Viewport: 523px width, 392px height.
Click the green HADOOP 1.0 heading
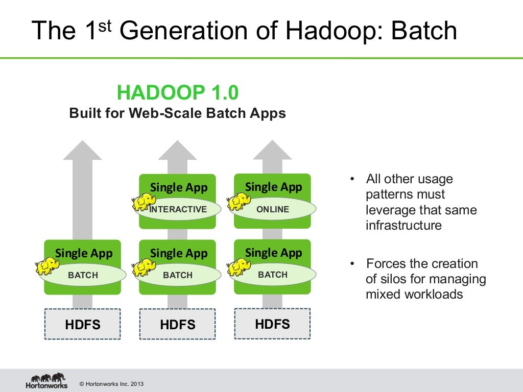pos(177,93)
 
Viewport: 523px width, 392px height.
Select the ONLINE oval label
pos(273,209)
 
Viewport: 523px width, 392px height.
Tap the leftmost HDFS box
pos(83,324)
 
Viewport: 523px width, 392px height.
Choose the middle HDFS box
pos(177,324)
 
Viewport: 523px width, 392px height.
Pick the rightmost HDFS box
pos(272,324)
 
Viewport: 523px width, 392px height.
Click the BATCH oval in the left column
pos(83,275)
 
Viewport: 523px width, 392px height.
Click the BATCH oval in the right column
pos(273,275)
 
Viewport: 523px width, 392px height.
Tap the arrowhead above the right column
pos(272,151)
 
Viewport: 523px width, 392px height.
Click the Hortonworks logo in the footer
pos(46,381)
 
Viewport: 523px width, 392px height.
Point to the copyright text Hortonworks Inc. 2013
pos(108,384)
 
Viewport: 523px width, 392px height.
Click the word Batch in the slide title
pos(423,31)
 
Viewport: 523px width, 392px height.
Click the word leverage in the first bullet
pos(390,210)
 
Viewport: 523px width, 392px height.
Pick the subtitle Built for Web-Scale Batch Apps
pos(177,113)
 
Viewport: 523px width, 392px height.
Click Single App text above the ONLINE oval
pos(273,187)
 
